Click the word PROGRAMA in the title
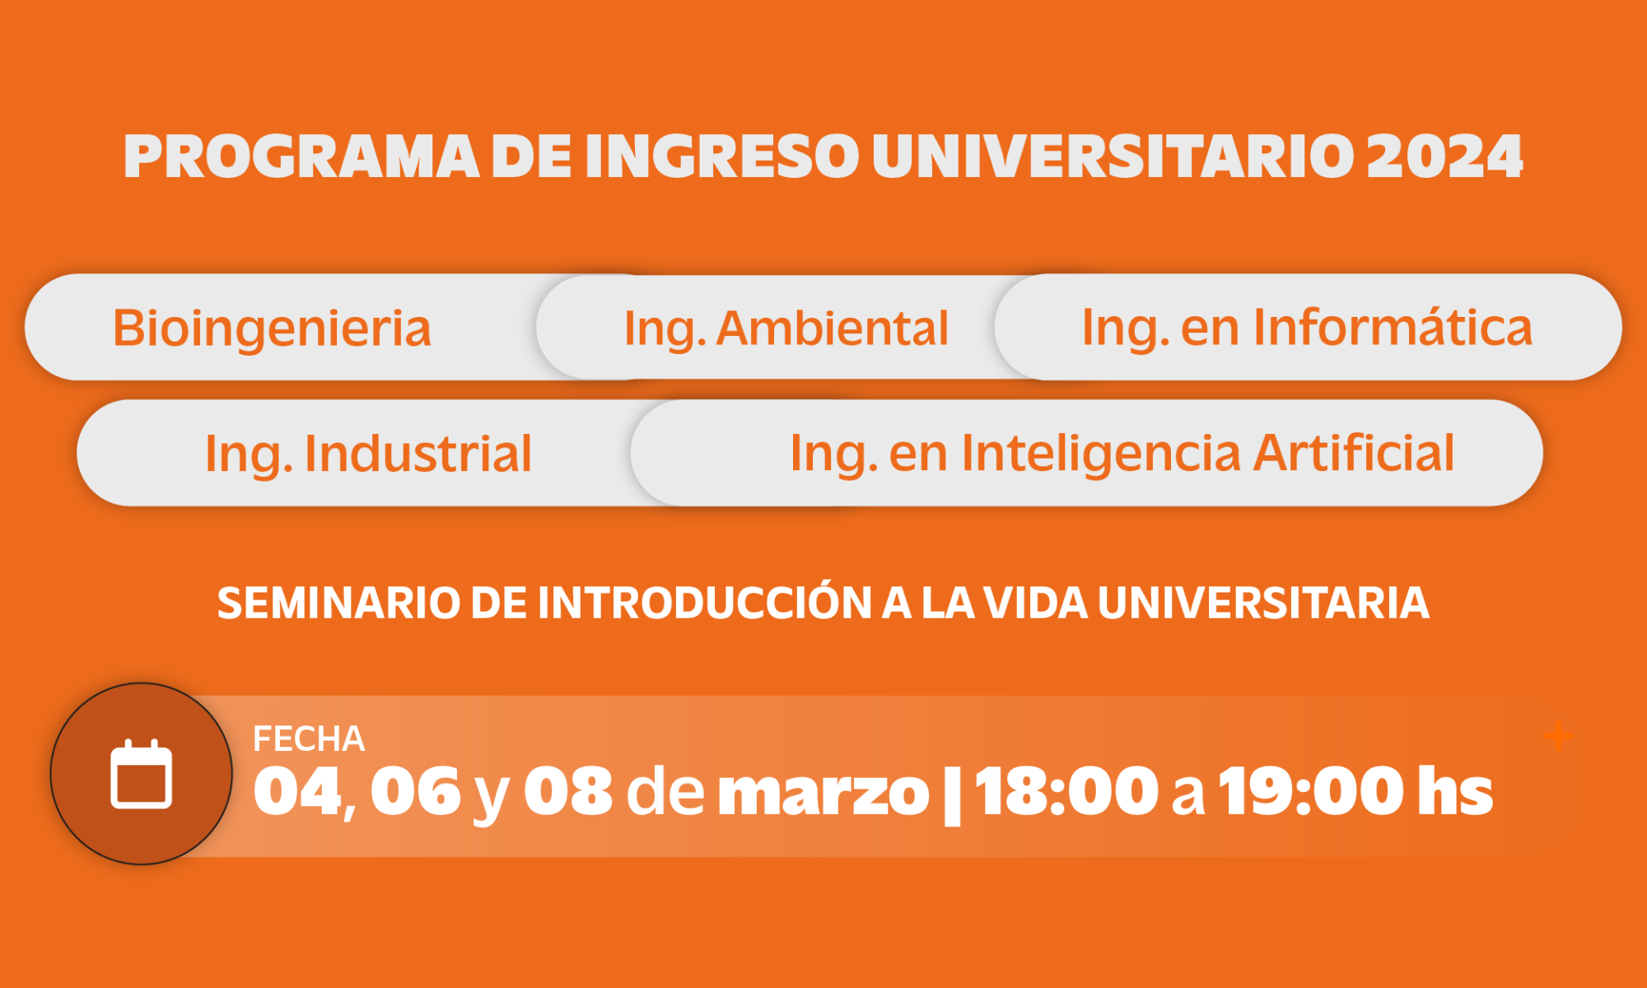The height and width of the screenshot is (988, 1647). tap(301, 156)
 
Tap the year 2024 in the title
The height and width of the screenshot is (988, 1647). tap(1444, 156)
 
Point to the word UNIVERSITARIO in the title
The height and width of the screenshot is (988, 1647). tap(1113, 156)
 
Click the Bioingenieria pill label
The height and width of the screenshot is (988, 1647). tap(272, 328)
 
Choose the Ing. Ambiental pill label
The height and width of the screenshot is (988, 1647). tap(786, 328)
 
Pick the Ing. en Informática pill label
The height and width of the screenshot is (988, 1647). tap(1307, 327)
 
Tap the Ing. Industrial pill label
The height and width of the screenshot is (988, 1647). tap(368, 453)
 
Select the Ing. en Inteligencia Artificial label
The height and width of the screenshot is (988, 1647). tap(1122, 453)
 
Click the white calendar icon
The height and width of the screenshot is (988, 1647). tap(141, 774)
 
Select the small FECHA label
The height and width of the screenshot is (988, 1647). tap(309, 739)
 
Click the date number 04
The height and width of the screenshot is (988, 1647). tap(298, 790)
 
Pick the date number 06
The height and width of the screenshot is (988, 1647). tap(416, 790)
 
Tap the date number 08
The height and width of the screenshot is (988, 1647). tap(568, 790)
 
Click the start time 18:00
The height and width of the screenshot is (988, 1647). tap(1066, 790)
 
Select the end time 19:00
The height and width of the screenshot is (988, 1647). tap(1310, 790)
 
